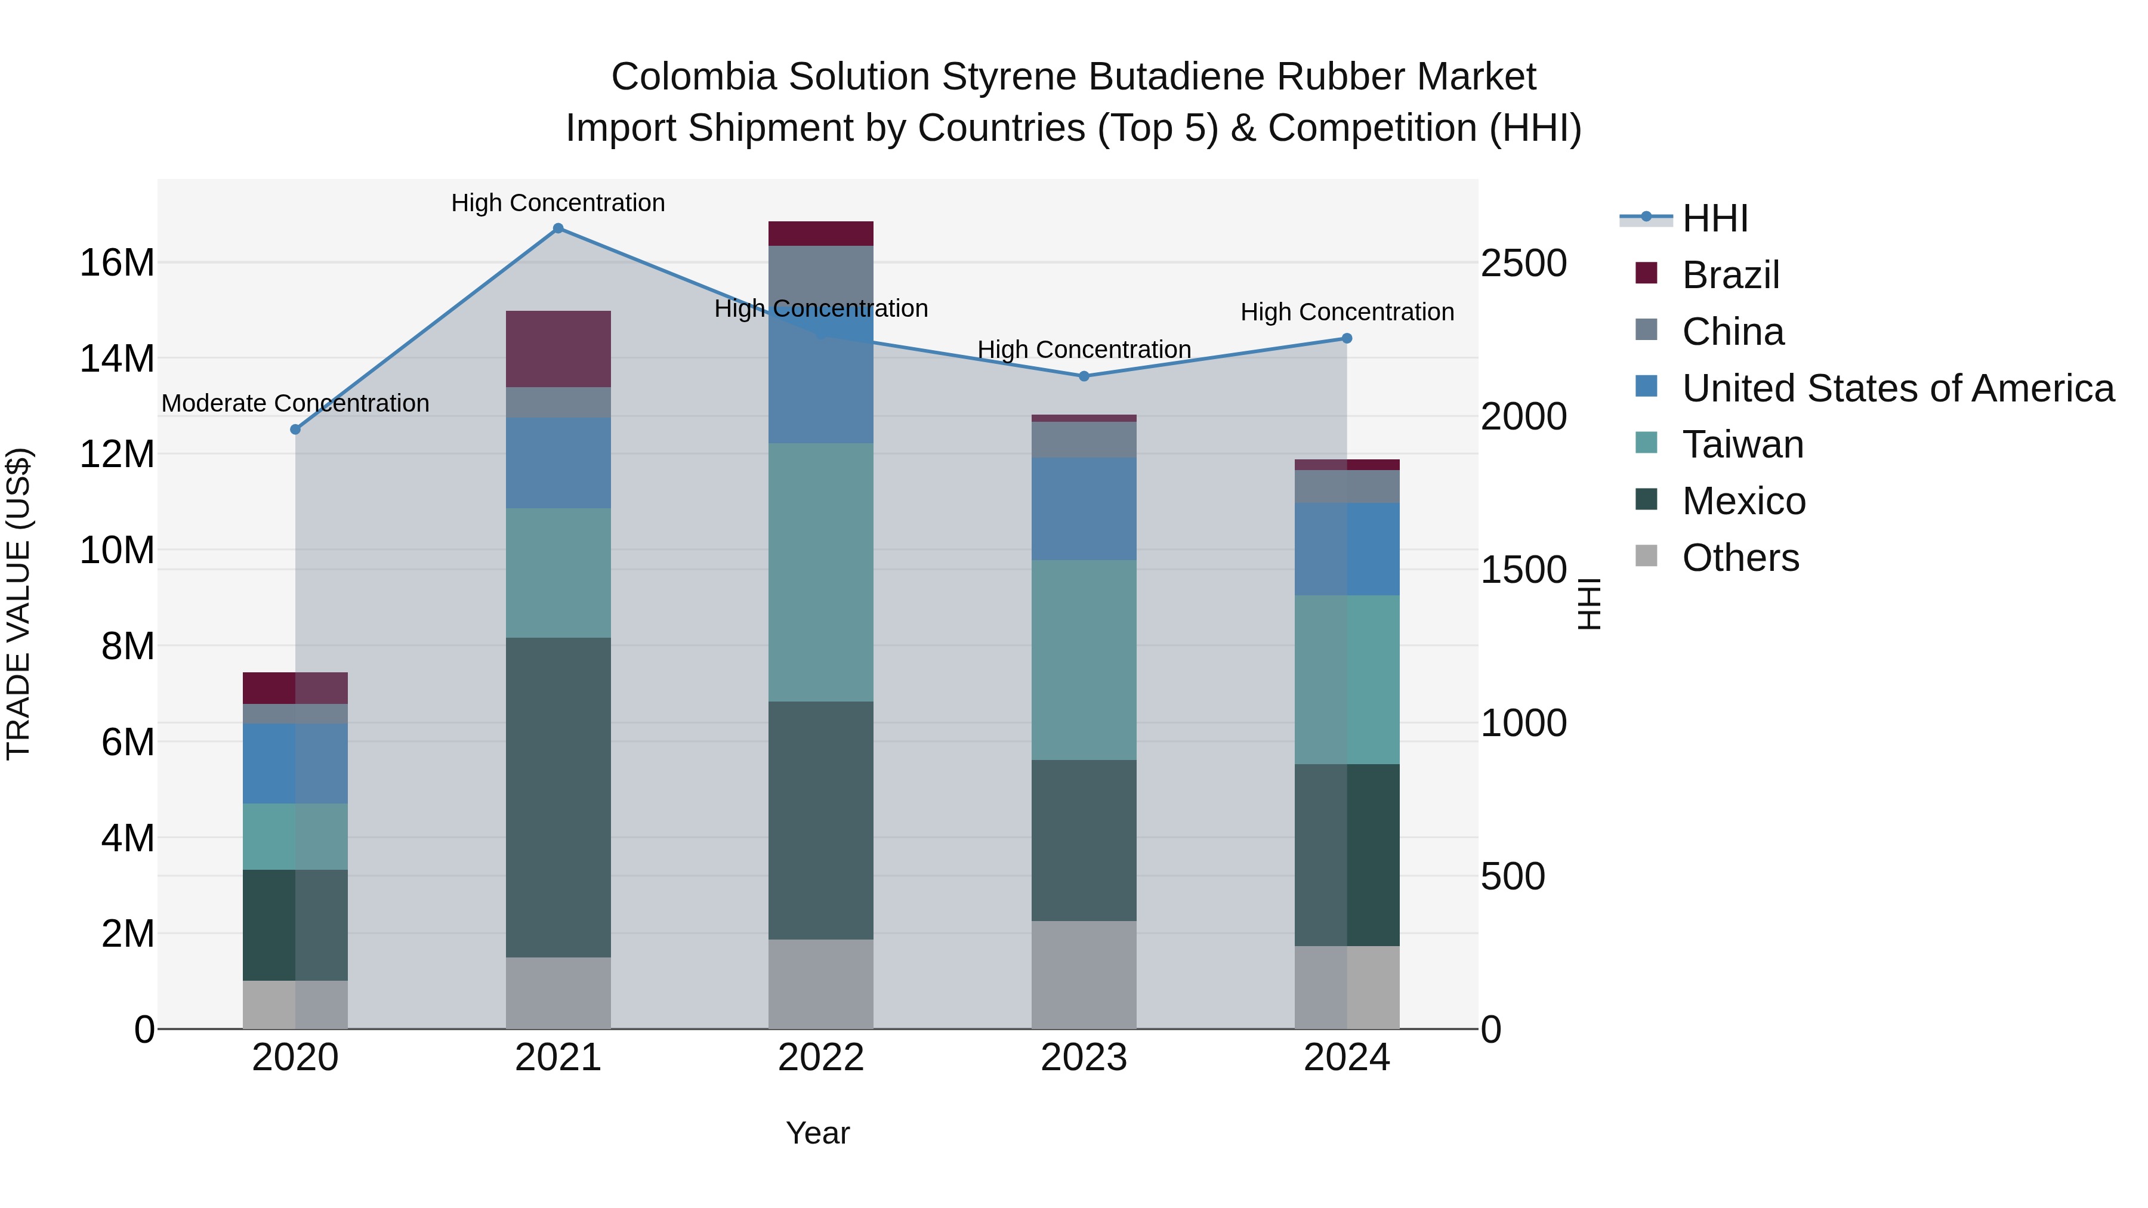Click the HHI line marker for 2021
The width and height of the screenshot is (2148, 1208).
pos(558,228)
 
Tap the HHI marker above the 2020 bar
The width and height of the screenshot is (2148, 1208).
pos(295,430)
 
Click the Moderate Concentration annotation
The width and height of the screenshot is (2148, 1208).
pos(295,403)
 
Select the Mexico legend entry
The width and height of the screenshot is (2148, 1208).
pos(1743,501)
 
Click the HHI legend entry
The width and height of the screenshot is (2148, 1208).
pos(1714,218)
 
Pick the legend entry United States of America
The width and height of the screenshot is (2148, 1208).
pos(1897,388)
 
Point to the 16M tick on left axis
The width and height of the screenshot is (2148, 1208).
pos(117,264)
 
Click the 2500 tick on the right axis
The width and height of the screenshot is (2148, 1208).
pos(1523,264)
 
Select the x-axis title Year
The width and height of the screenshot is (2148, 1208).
pos(817,1133)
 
